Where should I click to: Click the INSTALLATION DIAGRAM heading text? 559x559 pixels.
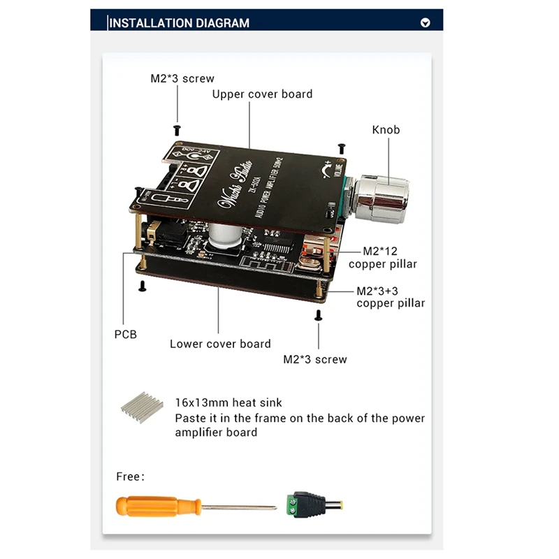[x=180, y=23]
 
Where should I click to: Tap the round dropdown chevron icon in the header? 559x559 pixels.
[x=426, y=23]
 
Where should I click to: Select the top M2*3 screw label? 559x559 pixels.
[x=182, y=79]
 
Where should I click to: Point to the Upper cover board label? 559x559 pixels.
[x=262, y=94]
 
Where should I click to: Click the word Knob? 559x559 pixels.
[x=386, y=130]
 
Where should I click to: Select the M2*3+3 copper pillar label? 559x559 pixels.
[x=390, y=297]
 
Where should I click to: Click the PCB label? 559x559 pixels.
[x=125, y=334]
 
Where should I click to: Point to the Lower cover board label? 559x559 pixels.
[x=220, y=344]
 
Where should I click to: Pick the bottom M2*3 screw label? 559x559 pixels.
[x=314, y=359]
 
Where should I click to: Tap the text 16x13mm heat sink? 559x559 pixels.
[x=228, y=402]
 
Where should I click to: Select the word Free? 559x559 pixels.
[x=130, y=477]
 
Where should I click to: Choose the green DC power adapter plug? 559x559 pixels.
[x=307, y=504]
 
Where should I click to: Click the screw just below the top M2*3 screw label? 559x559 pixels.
[x=177, y=129]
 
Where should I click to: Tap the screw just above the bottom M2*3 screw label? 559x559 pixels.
[x=319, y=316]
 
